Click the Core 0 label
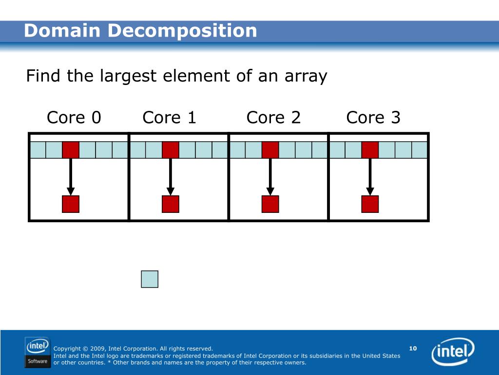74,118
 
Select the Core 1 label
169,118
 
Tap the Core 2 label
273,118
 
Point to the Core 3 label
373,118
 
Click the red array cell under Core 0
71,150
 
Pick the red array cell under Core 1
170,150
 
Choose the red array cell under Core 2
270,150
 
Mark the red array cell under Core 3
370,150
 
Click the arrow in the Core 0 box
71,176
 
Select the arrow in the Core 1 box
170,176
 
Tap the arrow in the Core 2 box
270,176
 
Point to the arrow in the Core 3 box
370,176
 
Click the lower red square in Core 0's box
71,204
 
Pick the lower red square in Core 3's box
370,204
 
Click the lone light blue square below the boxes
150,279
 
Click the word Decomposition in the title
182,31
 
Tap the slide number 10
413,348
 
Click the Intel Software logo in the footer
37,352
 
